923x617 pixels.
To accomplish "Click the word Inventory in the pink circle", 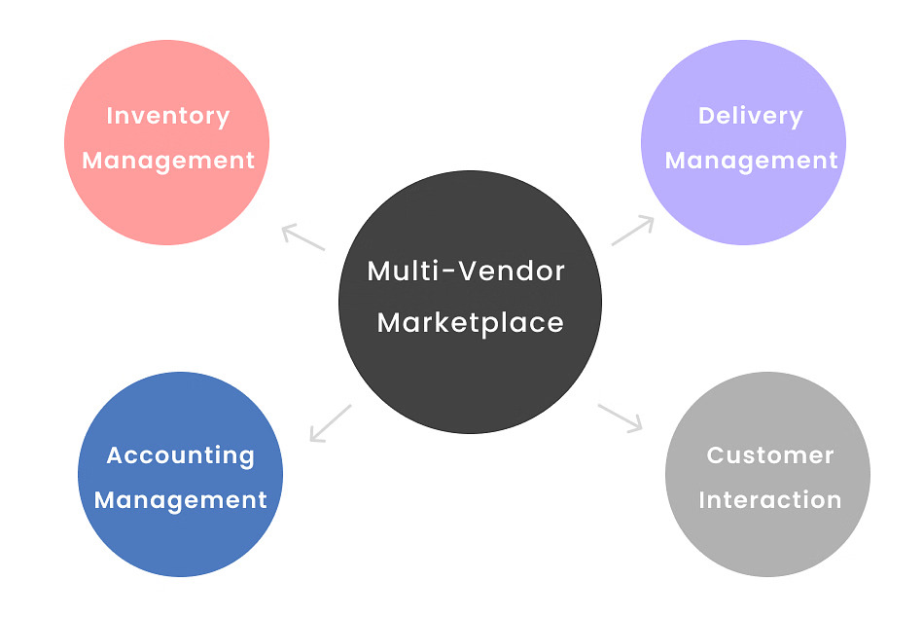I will click(167, 117).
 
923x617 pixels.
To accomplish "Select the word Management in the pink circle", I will click(168, 162).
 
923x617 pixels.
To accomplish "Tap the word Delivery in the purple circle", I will click(750, 117).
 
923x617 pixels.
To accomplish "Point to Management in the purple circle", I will click(751, 162).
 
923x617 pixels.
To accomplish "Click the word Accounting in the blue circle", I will click(180, 455).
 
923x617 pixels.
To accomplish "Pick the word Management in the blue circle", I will click(180, 501).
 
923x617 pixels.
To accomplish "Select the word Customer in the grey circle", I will click(769, 455).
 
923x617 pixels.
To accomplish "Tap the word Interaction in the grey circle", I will click(769, 500).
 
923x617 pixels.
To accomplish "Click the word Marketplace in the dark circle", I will click(470, 323).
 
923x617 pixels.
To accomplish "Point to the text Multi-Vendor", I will click(466, 271).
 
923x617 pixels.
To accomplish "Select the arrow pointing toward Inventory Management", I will click(302, 237).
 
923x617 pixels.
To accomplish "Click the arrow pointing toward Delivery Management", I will click(633, 231).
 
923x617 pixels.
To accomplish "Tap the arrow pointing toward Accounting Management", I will click(330, 423).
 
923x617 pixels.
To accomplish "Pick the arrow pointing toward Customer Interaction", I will click(621, 417).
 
